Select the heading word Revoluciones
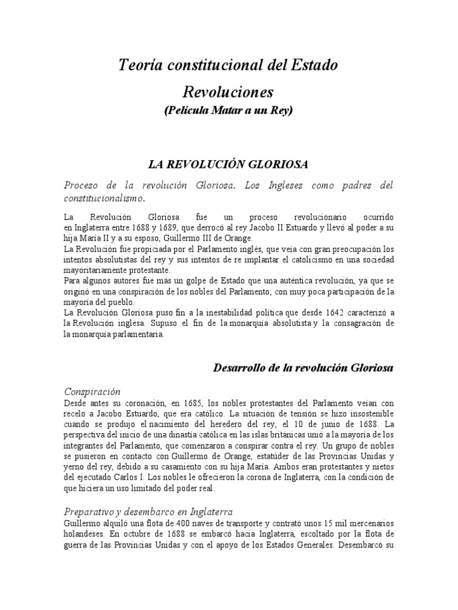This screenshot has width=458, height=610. [x=228, y=92]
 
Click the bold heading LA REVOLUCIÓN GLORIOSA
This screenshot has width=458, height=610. [x=228, y=164]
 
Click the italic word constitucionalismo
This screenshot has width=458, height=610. [x=105, y=198]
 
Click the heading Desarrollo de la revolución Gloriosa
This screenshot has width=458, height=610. [x=304, y=368]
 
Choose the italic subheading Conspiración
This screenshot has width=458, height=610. [x=92, y=392]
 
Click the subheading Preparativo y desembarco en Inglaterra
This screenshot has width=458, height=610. [x=148, y=512]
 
